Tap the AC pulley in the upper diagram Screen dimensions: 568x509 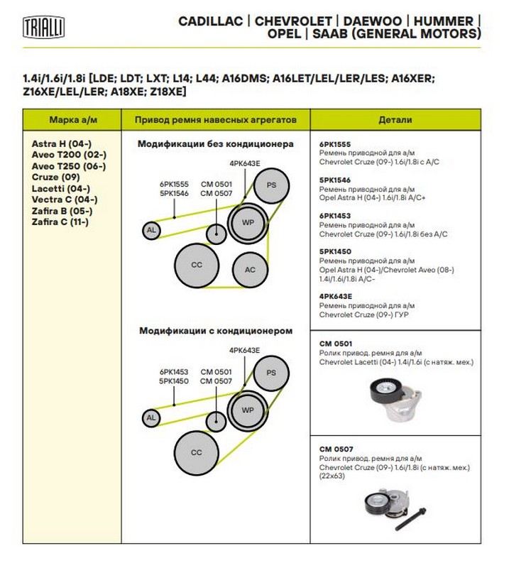coord(250,270)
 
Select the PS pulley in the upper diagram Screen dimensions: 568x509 coord(270,185)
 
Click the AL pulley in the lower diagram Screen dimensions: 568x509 coord(150,418)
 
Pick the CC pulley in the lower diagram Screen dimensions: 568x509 coord(197,452)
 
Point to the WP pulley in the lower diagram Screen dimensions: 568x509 coord(248,410)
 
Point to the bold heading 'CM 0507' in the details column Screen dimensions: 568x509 coord(336,449)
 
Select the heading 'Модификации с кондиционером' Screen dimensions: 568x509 coord(215,331)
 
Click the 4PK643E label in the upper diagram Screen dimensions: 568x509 coord(244,163)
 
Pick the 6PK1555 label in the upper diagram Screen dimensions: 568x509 coord(174,184)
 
